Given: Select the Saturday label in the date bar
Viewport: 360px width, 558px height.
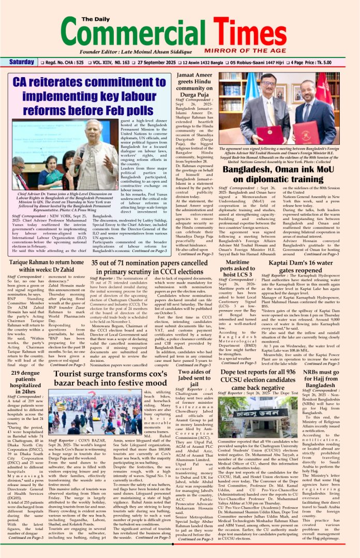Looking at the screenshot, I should (21, 62).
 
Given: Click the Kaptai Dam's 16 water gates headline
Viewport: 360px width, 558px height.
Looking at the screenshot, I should (314, 266).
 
